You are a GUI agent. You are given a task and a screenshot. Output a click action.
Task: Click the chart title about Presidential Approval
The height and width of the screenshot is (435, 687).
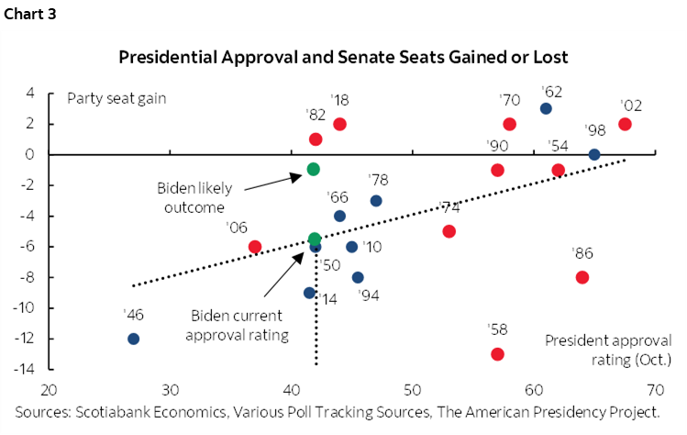[343, 57]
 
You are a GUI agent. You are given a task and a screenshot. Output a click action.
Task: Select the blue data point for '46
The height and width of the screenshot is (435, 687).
[133, 339]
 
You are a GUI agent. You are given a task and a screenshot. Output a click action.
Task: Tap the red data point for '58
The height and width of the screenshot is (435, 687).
[497, 353]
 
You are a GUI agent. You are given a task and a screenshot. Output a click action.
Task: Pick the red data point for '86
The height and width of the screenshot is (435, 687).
[582, 277]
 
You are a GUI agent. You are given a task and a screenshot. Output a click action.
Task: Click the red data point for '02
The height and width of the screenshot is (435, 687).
[625, 124]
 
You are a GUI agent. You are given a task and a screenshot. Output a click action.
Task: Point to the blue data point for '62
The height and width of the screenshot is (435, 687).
[546, 108]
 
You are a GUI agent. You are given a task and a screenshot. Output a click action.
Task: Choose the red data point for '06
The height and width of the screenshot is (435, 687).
[255, 247]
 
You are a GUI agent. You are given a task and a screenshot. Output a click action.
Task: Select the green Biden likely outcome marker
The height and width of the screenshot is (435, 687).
[314, 169]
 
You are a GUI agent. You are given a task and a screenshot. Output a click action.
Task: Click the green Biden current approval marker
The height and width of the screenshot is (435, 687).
[315, 239]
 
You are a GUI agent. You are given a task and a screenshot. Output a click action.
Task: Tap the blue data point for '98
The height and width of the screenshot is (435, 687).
[593, 154]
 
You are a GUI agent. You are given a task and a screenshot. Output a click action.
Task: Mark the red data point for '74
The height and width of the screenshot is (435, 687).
[449, 231]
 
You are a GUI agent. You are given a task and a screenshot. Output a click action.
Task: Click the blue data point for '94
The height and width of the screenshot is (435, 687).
[358, 277]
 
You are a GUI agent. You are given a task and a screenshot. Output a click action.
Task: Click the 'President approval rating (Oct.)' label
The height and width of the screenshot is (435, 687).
[608, 349]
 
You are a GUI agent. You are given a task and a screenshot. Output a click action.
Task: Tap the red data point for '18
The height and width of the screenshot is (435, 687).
[339, 124]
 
